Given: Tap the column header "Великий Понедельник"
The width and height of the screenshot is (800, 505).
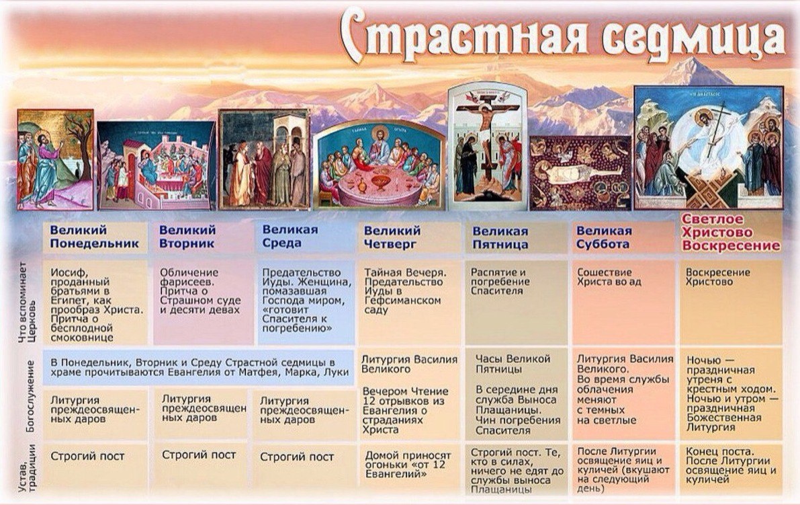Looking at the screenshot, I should pyautogui.click(x=94, y=237).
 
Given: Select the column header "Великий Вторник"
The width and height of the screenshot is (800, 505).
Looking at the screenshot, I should pyautogui.click(x=187, y=237).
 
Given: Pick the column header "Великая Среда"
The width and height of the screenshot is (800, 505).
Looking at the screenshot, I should pyautogui.click(x=290, y=237).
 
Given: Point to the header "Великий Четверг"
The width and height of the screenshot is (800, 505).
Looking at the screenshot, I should pyautogui.click(x=392, y=237).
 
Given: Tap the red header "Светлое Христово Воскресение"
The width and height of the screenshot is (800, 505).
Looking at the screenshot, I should pyautogui.click(x=731, y=232).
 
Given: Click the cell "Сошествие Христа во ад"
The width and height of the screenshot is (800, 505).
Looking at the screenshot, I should pyautogui.click(x=605, y=277).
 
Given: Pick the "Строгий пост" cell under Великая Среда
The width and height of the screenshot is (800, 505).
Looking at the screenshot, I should pyautogui.click(x=297, y=457).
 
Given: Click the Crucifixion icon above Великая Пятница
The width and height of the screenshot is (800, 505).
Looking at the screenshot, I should pyautogui.click(x=487, y=145).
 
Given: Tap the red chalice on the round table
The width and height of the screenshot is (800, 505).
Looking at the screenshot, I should pyautogui.click(x=381, y=181).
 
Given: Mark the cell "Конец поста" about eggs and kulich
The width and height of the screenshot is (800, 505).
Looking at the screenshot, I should pyautogui.click(x=731, y=465).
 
